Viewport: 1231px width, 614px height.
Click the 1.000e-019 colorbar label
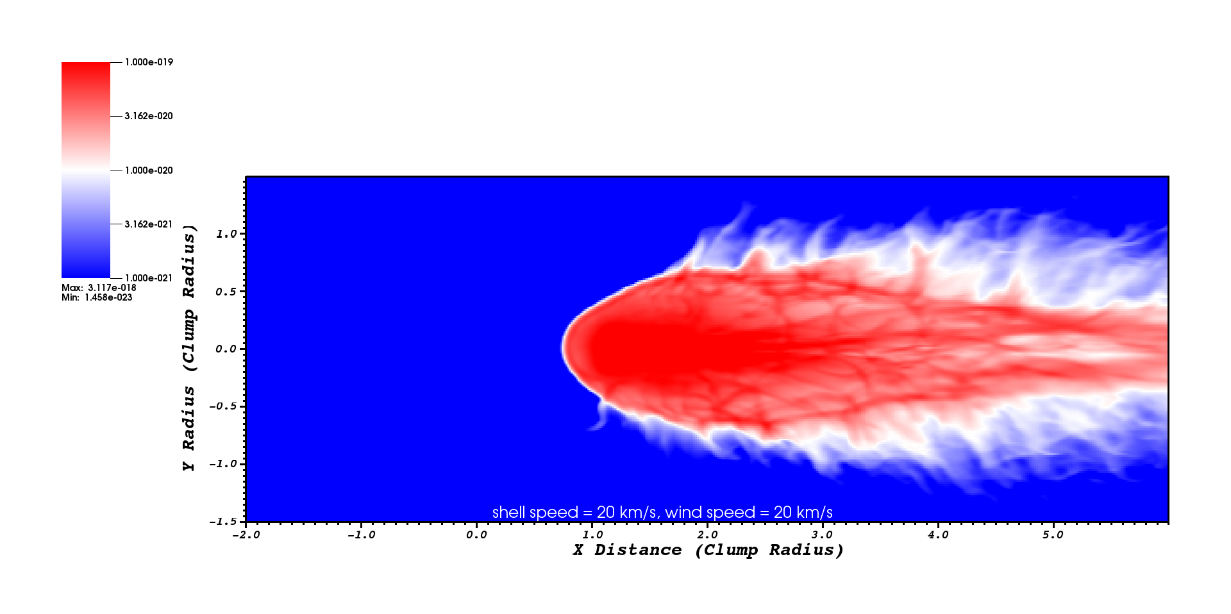tap(149, 62)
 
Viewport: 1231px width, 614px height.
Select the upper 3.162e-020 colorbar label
tap(149, 116)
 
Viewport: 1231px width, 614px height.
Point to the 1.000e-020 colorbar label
tap(149, 170)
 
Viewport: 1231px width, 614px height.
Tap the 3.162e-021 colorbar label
tap(149, 224)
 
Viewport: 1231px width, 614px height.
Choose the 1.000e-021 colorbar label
tap(149, 278)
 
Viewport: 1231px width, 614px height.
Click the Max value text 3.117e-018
tap(112, 288)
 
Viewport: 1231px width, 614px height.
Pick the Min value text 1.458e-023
tap(108, 297)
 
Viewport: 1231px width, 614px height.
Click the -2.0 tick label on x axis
tap(246, 535)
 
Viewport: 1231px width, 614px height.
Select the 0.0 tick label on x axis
tap(476, 535)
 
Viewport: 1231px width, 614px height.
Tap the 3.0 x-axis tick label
tap(822, 535)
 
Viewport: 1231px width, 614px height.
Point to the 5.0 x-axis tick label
tap(1053, 535)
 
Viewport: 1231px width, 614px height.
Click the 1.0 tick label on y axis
tap(226, 234)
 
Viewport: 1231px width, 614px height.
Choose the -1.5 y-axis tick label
tap(222, 522)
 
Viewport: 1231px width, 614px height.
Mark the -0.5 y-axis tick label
tap(222, 406)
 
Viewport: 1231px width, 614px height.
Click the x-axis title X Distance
tap(627, 550)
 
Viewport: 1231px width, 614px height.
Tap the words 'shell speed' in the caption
tap(535, 513)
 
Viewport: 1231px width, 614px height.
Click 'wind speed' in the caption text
tap(710, 513)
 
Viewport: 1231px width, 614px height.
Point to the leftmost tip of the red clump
tap(563, 347)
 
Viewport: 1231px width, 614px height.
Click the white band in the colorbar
tap(86, 170)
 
